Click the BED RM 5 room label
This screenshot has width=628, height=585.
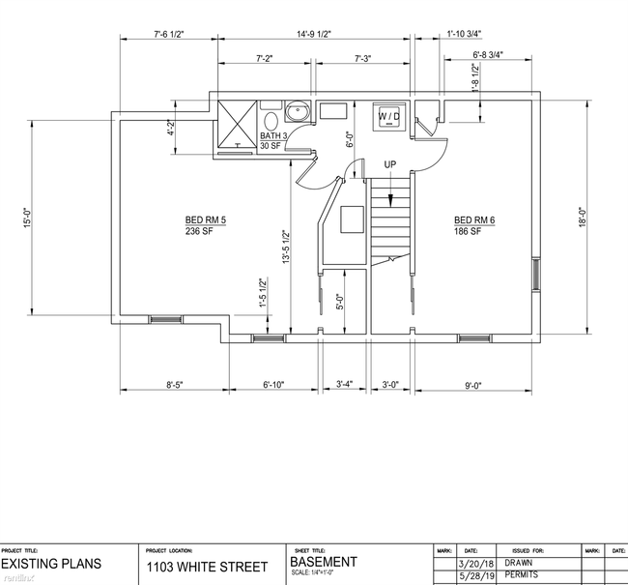[x=205, y=219]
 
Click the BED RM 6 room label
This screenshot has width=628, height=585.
[x=475, y=219]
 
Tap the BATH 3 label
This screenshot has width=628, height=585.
[x=272, y=135]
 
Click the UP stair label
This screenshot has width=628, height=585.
[x=389, y=164]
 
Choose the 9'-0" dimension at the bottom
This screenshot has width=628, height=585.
[x=473, y=385]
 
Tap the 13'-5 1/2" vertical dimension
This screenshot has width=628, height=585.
[x=286, y=247]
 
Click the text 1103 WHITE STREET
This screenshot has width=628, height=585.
[x=204, y=567]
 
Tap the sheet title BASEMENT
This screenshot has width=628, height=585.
[x=324, y=562]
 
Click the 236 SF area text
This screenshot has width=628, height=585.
[x=200, y=232]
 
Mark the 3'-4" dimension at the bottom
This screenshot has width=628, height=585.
[x=345, y=385]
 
